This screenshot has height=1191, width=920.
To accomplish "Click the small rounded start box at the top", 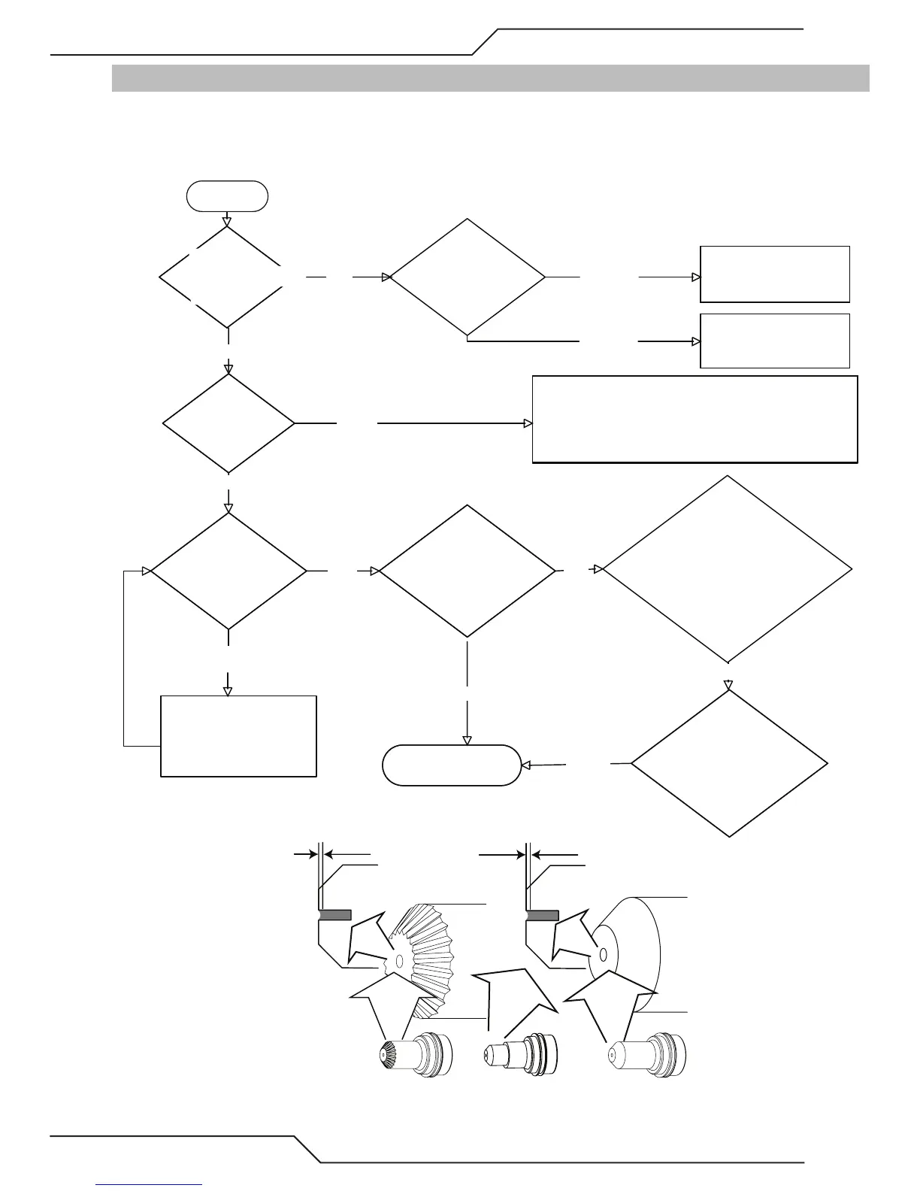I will point(227,196).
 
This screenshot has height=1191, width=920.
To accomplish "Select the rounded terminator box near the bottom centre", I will point(451,765).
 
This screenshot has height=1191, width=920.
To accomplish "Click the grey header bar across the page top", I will point(490,78).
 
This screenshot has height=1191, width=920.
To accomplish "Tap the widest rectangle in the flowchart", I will point(695,420).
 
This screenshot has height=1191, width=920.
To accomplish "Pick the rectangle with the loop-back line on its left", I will point(238,736).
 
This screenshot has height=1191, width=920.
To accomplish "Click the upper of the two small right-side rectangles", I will point(774,274).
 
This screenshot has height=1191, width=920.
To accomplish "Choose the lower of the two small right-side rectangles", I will point(774,341).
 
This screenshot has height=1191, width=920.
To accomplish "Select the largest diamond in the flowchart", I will point(728,569).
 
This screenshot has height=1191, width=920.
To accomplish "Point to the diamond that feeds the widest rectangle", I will point(228,423).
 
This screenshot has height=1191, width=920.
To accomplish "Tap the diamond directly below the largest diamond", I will point(729,763).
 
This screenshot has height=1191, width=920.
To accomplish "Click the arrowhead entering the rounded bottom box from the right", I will point(525,765).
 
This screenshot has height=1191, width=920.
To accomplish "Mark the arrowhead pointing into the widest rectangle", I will point(528,423).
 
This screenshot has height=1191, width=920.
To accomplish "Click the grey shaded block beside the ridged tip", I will point(334,914).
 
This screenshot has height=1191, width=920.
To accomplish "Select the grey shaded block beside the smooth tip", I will point(542,915).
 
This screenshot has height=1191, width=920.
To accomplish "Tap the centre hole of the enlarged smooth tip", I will point(603,955).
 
